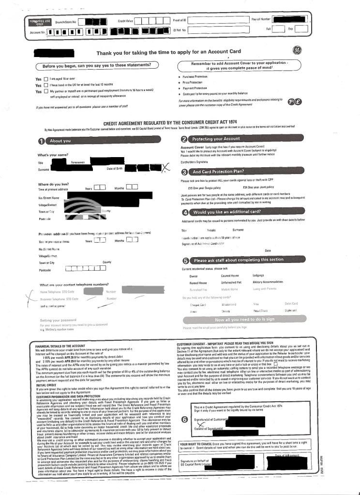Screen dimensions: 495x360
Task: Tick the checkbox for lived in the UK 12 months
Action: pos(46,85)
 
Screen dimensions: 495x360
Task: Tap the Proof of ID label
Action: pos(180,21)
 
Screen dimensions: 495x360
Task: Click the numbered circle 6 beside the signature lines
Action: pos(184,419)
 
